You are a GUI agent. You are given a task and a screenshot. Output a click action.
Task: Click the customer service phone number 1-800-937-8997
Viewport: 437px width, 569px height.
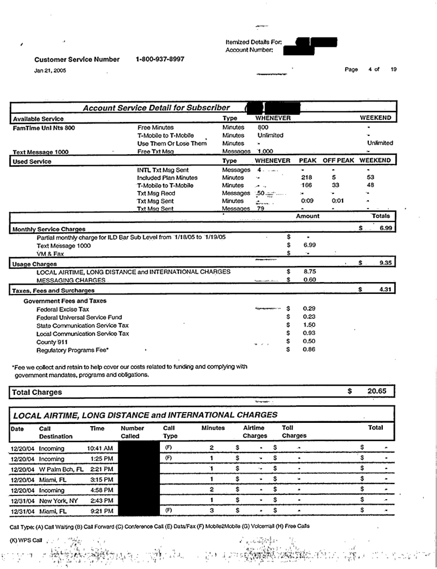pyautogui.click(x=160, y=59)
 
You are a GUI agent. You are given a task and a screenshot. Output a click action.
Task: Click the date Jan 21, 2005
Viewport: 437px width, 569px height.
pyautogui.click(x=47, y=70)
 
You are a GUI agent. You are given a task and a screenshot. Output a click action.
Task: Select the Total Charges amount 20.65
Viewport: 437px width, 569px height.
pyautogui.click(x=377, y=392)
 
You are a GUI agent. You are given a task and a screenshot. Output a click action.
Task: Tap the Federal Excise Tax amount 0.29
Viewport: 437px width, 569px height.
pyautogui.click(x=309, y=309)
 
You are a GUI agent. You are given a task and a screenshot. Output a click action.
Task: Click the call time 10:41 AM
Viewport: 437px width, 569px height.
pyautogui.click(x=100, y=448)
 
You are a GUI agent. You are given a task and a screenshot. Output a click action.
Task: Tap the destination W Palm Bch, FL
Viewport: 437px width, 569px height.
pyautogui.click(x=61, y=470)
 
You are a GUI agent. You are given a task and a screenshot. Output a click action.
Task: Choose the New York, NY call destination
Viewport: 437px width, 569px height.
pyautogui.click(x=59, y=500)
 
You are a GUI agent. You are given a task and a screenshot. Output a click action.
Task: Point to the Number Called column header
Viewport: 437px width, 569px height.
pyautogui.click(x=133, y=432)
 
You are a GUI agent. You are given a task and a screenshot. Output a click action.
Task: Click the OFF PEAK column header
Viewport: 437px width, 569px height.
pyautogui.click(x=338, y=160)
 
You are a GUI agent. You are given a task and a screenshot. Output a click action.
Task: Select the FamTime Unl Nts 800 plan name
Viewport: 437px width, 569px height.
pyautogui.click(x=44, y=128)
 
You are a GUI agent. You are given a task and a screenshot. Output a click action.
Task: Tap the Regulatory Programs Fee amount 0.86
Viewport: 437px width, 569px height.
pyautogui.click(x=309, y=350)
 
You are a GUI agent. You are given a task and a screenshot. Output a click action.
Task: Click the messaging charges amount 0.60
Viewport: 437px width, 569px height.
pyautogui.click(x=309, y=279)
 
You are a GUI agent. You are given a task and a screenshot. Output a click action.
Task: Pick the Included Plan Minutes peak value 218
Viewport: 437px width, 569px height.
pyautogui.click(x=307, y=177)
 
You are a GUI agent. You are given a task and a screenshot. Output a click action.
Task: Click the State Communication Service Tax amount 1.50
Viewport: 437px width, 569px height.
pyautogui.click(x=309, y=325)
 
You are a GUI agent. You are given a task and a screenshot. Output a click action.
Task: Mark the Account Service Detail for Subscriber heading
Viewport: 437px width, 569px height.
pyautogui.click(x=156, y=108)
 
